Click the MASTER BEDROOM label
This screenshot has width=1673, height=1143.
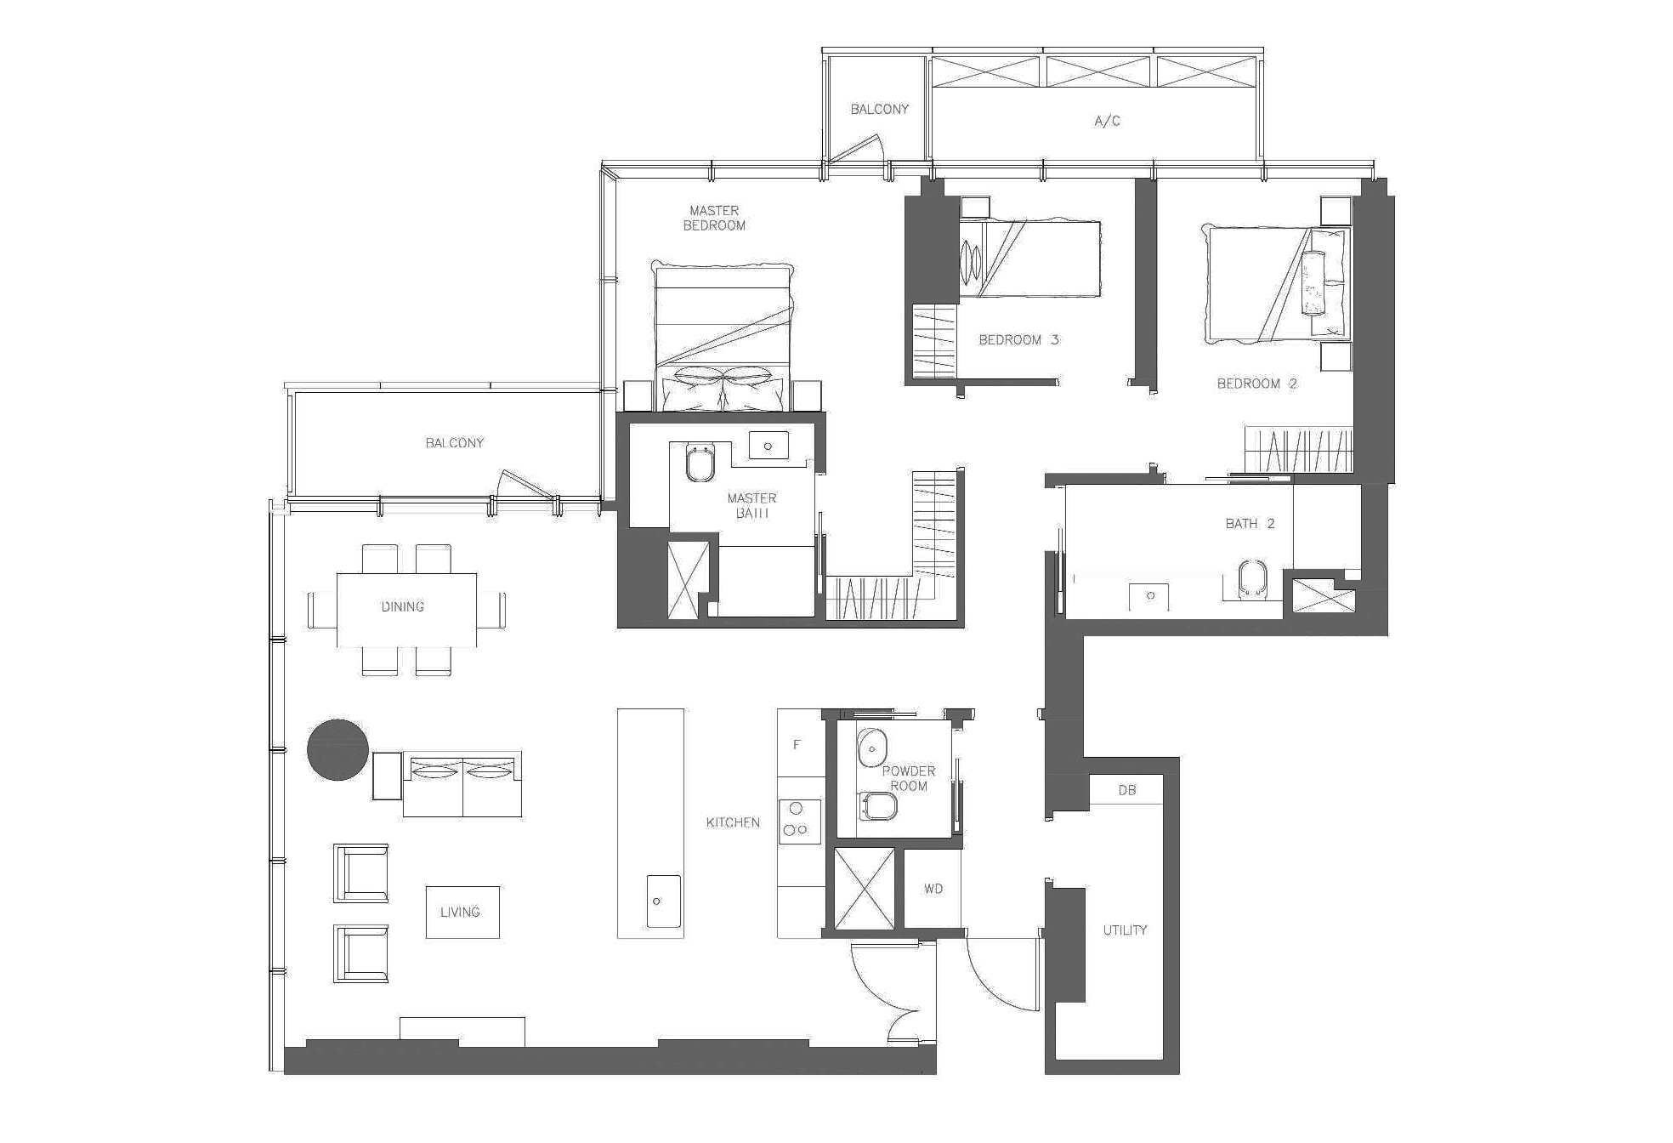tap(714, 218)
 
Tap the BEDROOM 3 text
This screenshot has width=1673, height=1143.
tap(1018, 340)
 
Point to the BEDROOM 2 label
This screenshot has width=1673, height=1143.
tap(1256, 384)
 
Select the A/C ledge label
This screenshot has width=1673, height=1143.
tap(1107, 122)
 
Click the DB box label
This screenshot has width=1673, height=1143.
tap(1126, 790)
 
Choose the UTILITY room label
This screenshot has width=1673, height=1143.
tap(1125, 930)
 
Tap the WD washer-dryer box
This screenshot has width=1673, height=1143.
tap(933, 889)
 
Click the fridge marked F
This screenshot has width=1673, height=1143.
tap(797, 745)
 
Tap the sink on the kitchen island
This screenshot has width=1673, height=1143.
tap(662, 901)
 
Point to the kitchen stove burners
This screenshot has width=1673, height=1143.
tap(797, 821)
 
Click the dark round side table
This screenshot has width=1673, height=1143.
tap(337, 749)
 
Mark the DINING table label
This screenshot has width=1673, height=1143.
tap(403, 607)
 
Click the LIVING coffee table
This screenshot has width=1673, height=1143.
tap(462, 913)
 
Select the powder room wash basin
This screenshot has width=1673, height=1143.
tap(871, 748)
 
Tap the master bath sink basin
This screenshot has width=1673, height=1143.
tap(768, 446)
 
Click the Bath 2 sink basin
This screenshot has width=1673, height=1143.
tap(1149, 596)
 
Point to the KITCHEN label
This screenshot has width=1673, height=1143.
tap(733, 822)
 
